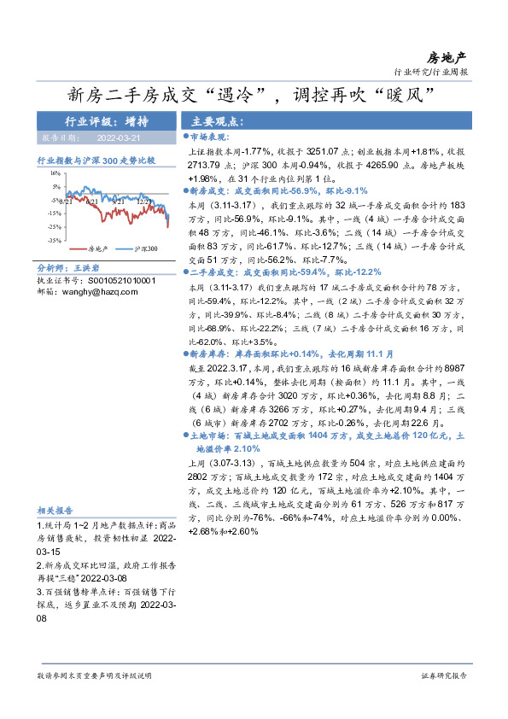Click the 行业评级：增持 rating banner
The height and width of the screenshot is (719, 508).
click(x=107, y=120)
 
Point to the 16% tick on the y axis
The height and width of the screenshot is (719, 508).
click(x=54, y=172)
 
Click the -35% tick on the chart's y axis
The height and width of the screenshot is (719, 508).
click(x=52, y=241)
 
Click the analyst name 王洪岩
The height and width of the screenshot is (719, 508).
click(x=80, y=268)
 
